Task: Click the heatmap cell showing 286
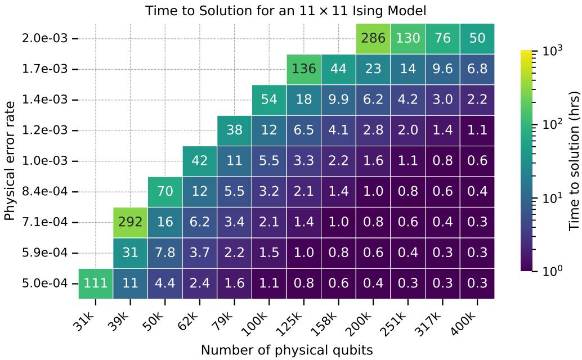[x=373, y=39]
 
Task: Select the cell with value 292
[x=130, y=222]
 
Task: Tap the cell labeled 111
[x=95, y=283]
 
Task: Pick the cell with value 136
[x=303, y=69]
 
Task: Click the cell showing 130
[x=408, y=39]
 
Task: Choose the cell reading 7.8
[x=165, y=253]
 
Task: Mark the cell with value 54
[x=269, y=100]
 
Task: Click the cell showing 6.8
[x=477, y=69]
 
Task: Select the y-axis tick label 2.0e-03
[x=44, y=38]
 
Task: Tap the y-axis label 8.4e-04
[x=44, y=192]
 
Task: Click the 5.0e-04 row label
[x=44, y=283]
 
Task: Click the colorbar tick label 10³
[x=552, y=49]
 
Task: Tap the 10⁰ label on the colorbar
[x=552, y=271]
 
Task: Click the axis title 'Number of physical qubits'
[x=286, y=350]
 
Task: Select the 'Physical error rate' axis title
[x=10, y=161]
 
